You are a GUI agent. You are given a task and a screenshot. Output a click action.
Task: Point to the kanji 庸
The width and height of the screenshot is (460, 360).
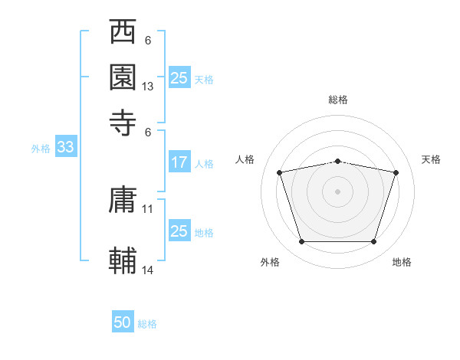pos(123,201)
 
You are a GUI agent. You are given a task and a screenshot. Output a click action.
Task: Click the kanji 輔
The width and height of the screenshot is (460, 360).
pos(123,260)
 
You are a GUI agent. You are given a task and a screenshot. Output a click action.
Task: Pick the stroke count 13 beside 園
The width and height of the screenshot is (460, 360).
pos(148,87)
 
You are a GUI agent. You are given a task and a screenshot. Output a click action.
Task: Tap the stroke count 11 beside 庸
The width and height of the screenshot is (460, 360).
pos(148,208)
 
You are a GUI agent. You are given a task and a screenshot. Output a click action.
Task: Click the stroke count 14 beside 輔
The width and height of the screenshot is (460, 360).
pos(148,270)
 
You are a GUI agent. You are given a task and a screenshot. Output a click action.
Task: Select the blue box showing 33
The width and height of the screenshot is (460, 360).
pos(65,148)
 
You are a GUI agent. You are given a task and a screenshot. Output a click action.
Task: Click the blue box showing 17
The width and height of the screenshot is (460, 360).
pos(179,162)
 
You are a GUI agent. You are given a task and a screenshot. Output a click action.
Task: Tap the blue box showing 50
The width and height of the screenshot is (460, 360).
pos(123,323)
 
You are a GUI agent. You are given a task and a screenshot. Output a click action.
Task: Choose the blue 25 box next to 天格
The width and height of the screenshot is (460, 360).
pos(179,78)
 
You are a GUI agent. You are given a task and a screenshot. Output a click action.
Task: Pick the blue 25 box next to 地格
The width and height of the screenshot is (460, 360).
pos(179,231)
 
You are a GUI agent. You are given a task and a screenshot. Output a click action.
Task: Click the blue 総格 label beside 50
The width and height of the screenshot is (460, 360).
pos(147,324)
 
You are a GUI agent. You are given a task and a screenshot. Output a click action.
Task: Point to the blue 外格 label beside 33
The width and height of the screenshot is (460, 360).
pos(41,149)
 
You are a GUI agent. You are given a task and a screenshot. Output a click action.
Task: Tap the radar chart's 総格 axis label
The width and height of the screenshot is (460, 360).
pos(337,100)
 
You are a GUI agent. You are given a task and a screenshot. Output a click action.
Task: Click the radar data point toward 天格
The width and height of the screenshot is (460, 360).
pos(396,172)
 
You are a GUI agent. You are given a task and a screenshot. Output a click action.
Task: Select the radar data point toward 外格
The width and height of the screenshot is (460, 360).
pos(301,242)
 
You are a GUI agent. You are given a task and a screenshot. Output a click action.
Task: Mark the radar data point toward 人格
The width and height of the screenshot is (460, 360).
pos(280,172)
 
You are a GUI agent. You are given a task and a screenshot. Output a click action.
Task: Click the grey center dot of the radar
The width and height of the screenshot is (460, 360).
pos(337,191)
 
